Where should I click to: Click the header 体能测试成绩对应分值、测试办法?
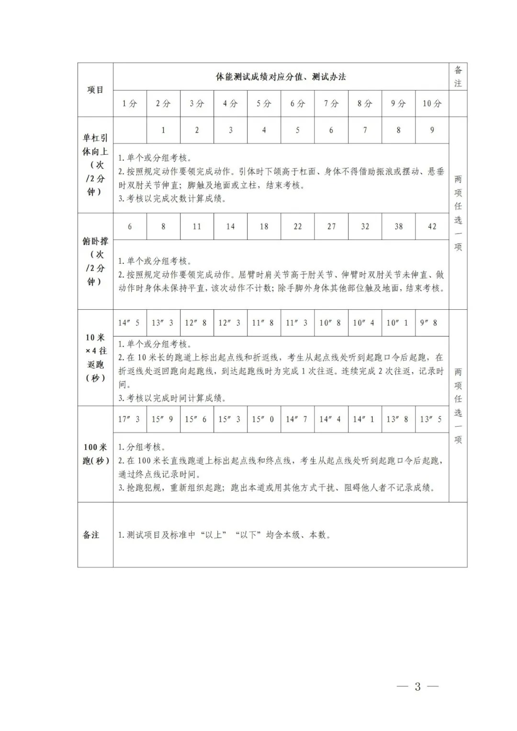(281, 77)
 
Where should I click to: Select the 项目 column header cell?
(95, 90)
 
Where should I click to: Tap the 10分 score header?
(432, 103)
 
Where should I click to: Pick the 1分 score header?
(130, 103)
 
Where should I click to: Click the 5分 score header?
(264, 103)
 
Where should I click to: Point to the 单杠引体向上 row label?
(95, 165)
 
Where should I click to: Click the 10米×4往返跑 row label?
(95, 358)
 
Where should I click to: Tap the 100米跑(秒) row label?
(96, 454)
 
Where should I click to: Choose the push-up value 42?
(432, 226)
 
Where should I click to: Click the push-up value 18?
(264, 226)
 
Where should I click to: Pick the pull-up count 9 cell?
(432, 130)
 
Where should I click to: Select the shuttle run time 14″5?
(129, 323)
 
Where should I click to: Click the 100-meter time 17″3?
(129, 419)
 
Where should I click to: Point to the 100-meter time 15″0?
(263, 419)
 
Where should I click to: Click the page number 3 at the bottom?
(417, 686)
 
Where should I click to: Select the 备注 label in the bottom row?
(91, 535)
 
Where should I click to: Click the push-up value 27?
(331, 226)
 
